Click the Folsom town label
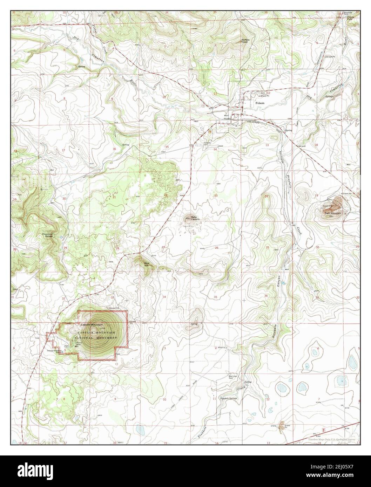260,103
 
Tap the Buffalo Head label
245,41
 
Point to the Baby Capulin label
195,219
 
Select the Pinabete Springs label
229,399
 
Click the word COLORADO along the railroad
254,122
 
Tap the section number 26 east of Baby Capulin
216,248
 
